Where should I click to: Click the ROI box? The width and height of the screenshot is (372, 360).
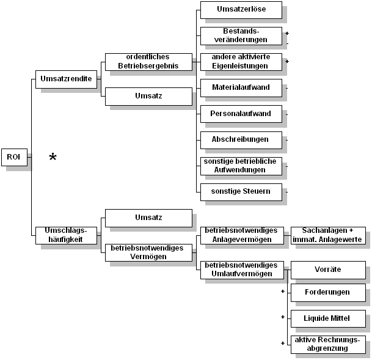tap(13, 157)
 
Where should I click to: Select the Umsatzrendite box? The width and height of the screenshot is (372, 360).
tap(66, 79)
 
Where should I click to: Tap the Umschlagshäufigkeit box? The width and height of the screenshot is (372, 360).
tap(66, 235)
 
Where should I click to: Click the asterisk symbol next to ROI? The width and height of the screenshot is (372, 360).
tap(53, 157)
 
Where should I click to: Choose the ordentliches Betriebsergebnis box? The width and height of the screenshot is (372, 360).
tap(148, 62)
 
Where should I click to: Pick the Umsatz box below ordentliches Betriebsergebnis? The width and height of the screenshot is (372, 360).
tap(148, 96)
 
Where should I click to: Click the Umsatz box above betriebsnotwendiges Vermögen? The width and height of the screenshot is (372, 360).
tap(148, 218)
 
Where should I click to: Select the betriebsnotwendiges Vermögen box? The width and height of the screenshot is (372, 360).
tap(148, 252)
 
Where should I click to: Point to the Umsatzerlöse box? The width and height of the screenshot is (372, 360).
tap(241, 10)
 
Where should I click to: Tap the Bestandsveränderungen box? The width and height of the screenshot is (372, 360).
tap(241, 35)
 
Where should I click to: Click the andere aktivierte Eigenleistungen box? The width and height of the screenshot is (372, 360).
tap(241, 62)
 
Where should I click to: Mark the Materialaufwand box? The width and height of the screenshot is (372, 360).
tap(241, 88)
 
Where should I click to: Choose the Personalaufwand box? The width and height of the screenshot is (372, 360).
tap(241, 114)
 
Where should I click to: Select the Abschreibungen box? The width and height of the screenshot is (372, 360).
tap(241, 140)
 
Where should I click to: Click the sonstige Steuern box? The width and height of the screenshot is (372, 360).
tap(241, 192)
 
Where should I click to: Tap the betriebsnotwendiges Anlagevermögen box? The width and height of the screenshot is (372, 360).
tap(241, 235)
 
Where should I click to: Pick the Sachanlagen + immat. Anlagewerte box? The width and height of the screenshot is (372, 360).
tap(328, 235)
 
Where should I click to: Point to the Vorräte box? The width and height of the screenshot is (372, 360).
tap(328, 270)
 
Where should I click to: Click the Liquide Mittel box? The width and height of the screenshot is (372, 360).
tap(328, 318)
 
